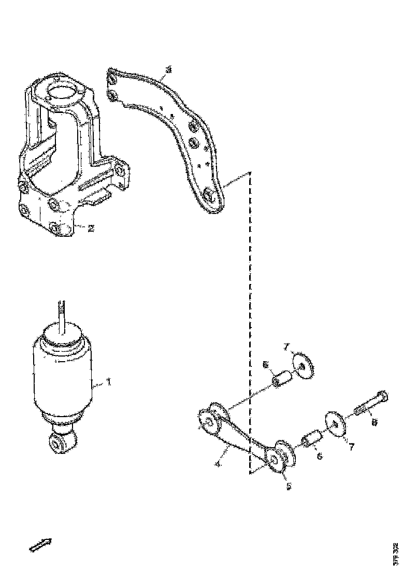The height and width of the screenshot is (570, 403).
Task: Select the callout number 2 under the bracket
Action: coord(91,228)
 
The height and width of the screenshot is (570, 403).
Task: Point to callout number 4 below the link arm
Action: coord(219,465)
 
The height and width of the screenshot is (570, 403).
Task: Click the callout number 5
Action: coord(289,486)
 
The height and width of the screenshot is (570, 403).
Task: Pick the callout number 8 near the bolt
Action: coord(375,422)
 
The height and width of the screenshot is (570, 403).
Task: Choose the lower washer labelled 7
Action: coord(336,425)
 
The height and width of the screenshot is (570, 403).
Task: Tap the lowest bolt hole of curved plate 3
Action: coord(209,195)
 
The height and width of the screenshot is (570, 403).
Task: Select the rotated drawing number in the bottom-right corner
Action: coord(396,553)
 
